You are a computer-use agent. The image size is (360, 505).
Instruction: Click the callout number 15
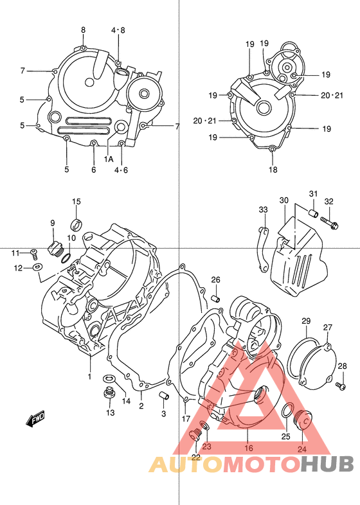click(76, 202)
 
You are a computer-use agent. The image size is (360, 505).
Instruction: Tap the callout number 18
click(273, 170)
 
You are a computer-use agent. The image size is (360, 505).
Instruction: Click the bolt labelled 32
click(333, 225)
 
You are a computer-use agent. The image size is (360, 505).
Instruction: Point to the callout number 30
click(283, 200)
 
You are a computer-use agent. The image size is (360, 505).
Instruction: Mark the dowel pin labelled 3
click(163, 394)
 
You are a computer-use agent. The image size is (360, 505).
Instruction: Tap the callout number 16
click(248, 449)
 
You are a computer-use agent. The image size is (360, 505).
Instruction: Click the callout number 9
click(53, 223)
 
